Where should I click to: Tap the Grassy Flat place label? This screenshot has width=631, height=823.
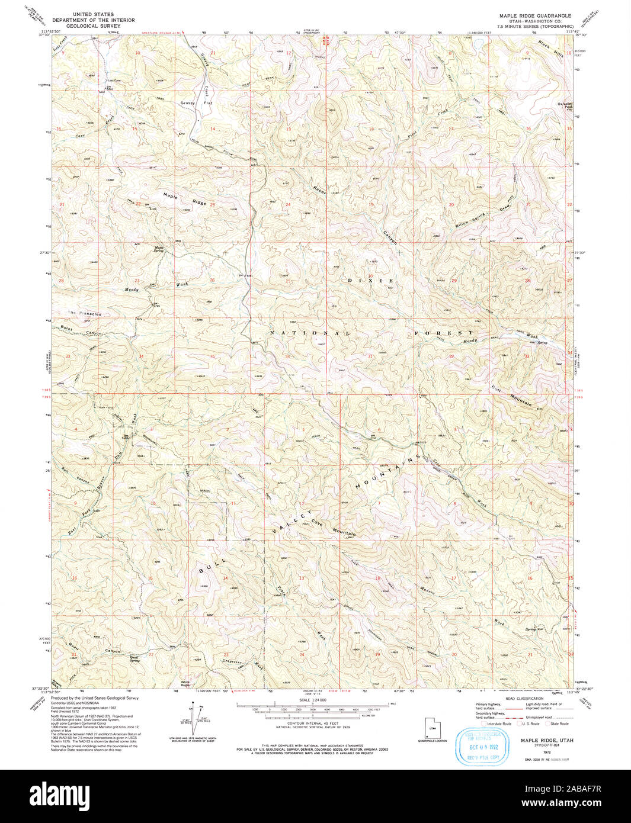(196, 103)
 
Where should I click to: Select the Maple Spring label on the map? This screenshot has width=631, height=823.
(159, 249)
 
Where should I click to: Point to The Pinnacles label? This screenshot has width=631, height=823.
(84, 313)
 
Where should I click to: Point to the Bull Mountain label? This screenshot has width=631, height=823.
(511, 396)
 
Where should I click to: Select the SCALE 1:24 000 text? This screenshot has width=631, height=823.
(313, 700)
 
